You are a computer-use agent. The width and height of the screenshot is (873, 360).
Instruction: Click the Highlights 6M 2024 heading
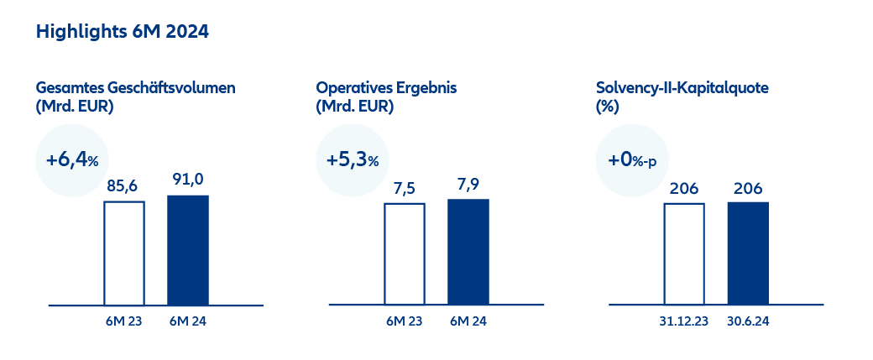coord(122,33)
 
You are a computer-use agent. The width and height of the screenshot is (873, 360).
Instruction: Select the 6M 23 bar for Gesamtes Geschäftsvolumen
coord(124,252)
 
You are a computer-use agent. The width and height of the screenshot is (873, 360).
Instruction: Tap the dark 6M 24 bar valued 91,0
coord(188,249)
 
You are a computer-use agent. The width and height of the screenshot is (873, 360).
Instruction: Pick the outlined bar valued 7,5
coord(405,253)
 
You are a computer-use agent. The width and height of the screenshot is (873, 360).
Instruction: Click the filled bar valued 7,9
coord(468,251)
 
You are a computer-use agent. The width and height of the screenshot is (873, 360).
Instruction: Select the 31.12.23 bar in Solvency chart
coord(684,253)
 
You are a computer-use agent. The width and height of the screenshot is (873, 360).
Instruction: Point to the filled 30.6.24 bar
coord(748,253)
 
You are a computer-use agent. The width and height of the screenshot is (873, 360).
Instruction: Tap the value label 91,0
coord(188,181)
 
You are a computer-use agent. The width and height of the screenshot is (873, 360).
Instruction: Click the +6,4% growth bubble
coord(72,160)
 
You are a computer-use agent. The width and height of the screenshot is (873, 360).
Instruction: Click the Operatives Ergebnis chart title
coord(385,87)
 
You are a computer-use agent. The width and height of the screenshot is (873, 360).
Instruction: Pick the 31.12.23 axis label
coord(684,321)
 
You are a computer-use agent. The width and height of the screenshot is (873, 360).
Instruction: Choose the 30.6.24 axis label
coord(748,321)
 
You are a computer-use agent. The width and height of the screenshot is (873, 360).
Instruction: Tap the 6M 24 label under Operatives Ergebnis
coord(468,321)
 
